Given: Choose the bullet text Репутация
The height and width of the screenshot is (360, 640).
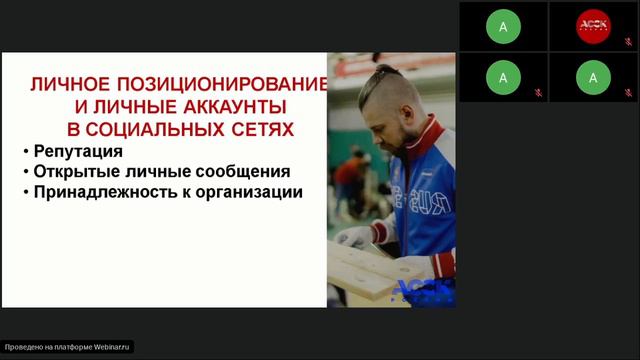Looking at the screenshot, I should (x=78, y=151).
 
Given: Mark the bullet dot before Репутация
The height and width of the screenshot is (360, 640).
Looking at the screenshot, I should (x=25, y=152).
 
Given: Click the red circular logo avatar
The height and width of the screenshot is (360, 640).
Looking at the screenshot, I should (x=593, y=26).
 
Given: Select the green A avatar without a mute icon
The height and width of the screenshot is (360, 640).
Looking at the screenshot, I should (x=503, y=27).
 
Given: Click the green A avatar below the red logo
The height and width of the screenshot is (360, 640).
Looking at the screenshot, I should (x=593, y=76).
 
